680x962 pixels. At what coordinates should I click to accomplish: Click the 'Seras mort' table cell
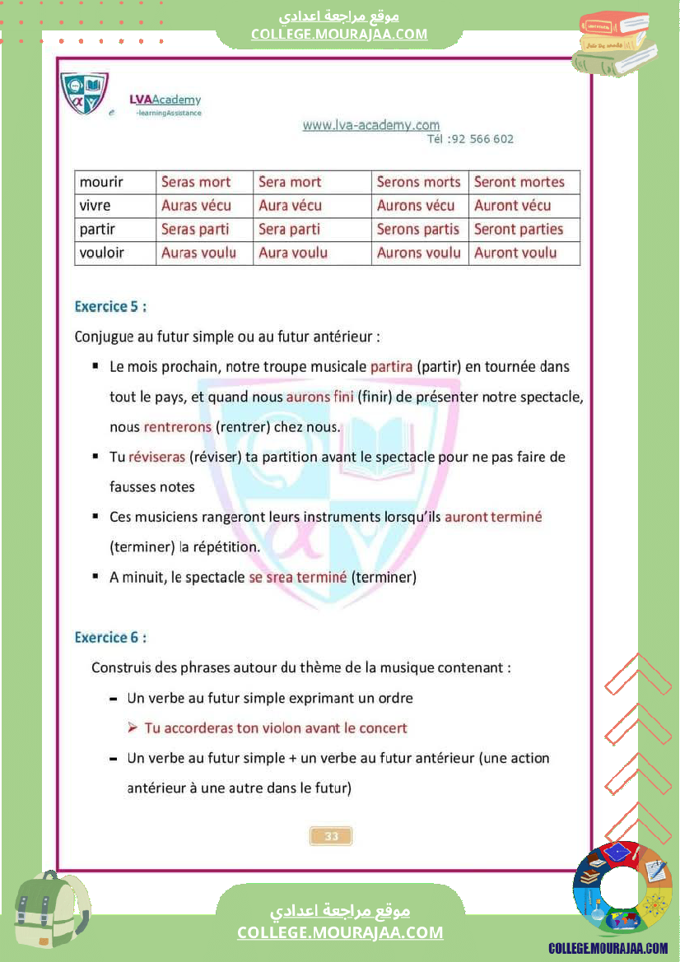(196, 182)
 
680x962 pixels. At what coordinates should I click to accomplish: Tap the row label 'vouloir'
(101, 253)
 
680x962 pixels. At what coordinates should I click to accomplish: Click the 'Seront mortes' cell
(519, 182)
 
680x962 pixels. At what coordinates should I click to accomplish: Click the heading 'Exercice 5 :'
(110, 307)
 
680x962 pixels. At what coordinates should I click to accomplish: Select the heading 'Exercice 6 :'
(110, 638)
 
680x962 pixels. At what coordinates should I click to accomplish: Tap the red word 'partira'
(391, 366)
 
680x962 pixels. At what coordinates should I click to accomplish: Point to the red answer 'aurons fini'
(319, 397)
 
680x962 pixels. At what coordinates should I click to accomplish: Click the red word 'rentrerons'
(178, 427)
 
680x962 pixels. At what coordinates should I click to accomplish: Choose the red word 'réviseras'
(156, 457)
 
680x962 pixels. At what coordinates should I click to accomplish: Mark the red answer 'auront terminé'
(493, 517)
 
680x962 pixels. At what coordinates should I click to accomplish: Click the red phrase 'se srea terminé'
(297, 577)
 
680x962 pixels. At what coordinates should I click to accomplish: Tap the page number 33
(331, 836)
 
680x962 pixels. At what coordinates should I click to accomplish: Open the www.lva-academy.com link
(371, 125)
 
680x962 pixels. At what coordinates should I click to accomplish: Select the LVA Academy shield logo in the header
(83, 93)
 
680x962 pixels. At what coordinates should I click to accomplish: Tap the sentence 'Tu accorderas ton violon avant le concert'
(275, 728)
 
